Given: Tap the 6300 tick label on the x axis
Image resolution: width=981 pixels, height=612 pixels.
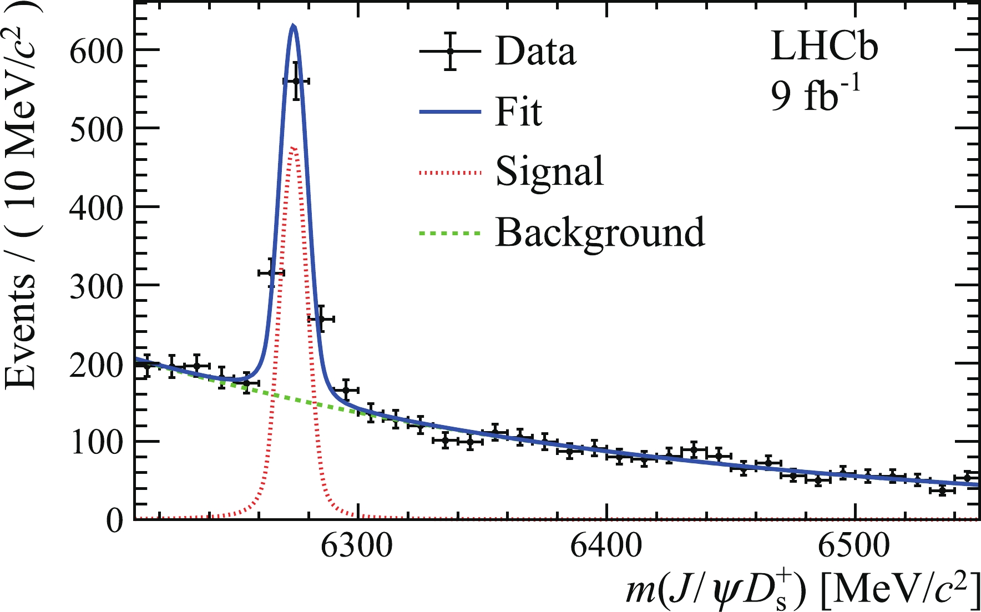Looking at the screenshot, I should click(x=357, y=547).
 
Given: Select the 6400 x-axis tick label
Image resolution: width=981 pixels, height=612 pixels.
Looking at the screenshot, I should click(x=606, y=547).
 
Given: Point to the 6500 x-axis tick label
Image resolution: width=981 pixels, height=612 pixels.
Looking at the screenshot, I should click(x=854, y=547).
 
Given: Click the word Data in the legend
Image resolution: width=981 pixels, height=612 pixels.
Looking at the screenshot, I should click(x=535, y=52).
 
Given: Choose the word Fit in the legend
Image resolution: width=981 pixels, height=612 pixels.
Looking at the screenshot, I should click(x=518, y=112).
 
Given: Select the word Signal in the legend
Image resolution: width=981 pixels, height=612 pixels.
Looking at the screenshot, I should click(x=549, y=171).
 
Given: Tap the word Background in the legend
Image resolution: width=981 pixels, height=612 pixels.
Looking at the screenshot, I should click(x=600, y=232).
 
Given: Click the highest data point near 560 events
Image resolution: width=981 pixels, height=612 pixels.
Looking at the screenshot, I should click(x=296, y=81).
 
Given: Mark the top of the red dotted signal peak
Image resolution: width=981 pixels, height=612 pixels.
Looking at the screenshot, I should click(x=294, y=148).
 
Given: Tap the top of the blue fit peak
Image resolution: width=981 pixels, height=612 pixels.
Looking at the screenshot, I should click(x=294, y=26).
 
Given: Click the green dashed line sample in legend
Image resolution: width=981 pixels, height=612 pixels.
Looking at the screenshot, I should click(x=449, y=233).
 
